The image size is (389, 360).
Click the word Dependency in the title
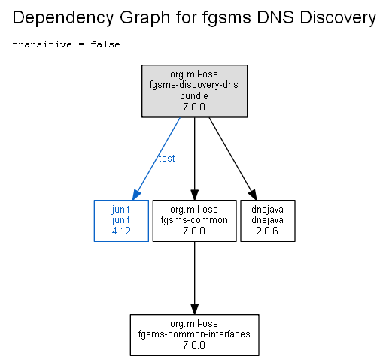point(63,18)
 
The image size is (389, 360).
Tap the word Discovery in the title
point(338,18)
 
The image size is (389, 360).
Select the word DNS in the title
point(275,17)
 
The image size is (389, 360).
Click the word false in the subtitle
point(105,44)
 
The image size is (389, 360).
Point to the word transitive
point(42,44)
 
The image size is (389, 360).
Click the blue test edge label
point(166,159)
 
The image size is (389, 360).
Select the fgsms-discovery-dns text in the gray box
point(194,85)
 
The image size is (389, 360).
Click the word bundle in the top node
point(194,95)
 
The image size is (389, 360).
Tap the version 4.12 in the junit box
point(121,231)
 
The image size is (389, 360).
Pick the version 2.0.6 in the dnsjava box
point(267,231)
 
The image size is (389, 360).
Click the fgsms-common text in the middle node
point(194,220)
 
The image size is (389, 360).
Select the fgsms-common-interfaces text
point(194,334)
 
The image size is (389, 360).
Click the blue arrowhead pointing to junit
point(136,195)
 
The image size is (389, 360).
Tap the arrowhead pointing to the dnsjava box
point(253,195)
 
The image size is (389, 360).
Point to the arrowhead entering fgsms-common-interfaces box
point(194,309)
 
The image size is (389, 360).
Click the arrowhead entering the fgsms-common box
point(194,195)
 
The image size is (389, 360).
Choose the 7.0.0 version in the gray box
point(194,107)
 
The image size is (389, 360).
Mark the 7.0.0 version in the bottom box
point(194,345)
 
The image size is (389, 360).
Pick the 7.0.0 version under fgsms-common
point(194,231)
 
